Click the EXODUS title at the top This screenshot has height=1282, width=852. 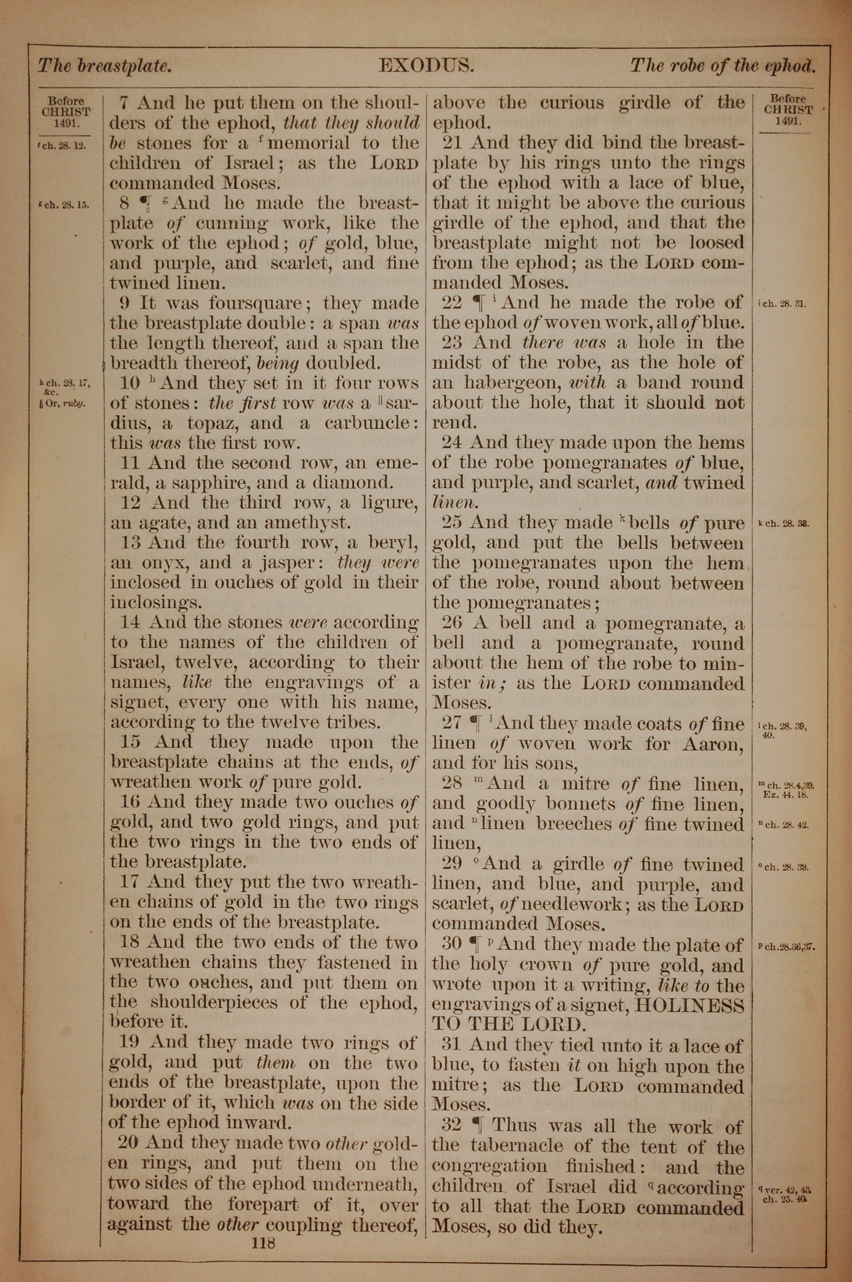click(x=426, y=66)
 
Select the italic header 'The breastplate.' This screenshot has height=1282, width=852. click(x=104, y=66)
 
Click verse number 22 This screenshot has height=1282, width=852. click(x=452, y=303)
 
